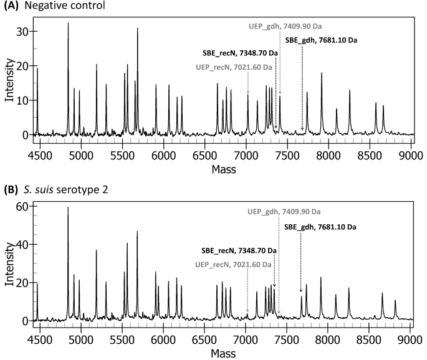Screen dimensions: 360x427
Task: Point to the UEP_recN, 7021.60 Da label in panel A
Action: click(x=234, y=67)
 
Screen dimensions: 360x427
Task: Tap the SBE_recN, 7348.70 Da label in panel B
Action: click(x=239, y=250)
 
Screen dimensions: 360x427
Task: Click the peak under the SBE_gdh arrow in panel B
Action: click(x=301, y=297)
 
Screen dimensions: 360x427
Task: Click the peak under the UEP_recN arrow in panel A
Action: click(x=247, y=95)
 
